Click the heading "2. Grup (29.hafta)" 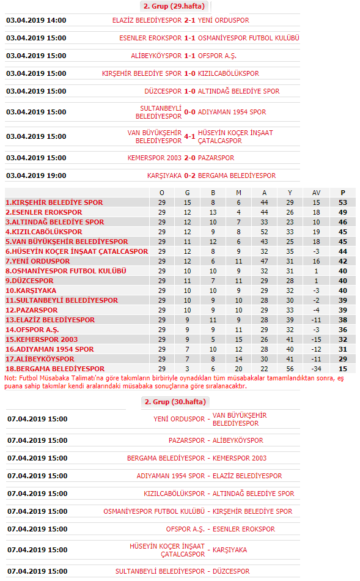click(174, 6)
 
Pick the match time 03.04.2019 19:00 click(36, 176)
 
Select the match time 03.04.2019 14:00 click(36, 20)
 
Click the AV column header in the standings click(316, 193)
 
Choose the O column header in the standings click(161, 193)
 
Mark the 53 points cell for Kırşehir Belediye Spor click(342, 202)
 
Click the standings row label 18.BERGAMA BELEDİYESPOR click(55, 369)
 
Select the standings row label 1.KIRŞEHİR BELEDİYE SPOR click(54, 202)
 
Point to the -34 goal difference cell click(316, 369)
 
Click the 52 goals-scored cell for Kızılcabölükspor click(264, 232)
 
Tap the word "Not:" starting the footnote click(11, 379)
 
